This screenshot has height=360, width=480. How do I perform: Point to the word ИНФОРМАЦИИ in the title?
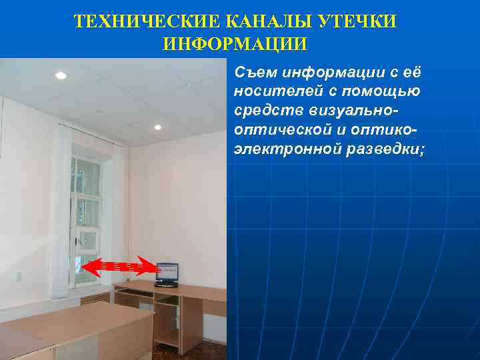pos(235,45)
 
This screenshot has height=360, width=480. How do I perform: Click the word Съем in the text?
pos(255,72)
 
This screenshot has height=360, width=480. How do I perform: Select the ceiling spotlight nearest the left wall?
pos(61,75)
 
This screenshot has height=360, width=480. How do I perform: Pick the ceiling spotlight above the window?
pos(158,127)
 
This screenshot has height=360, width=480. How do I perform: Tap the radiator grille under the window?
pos(95,297)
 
